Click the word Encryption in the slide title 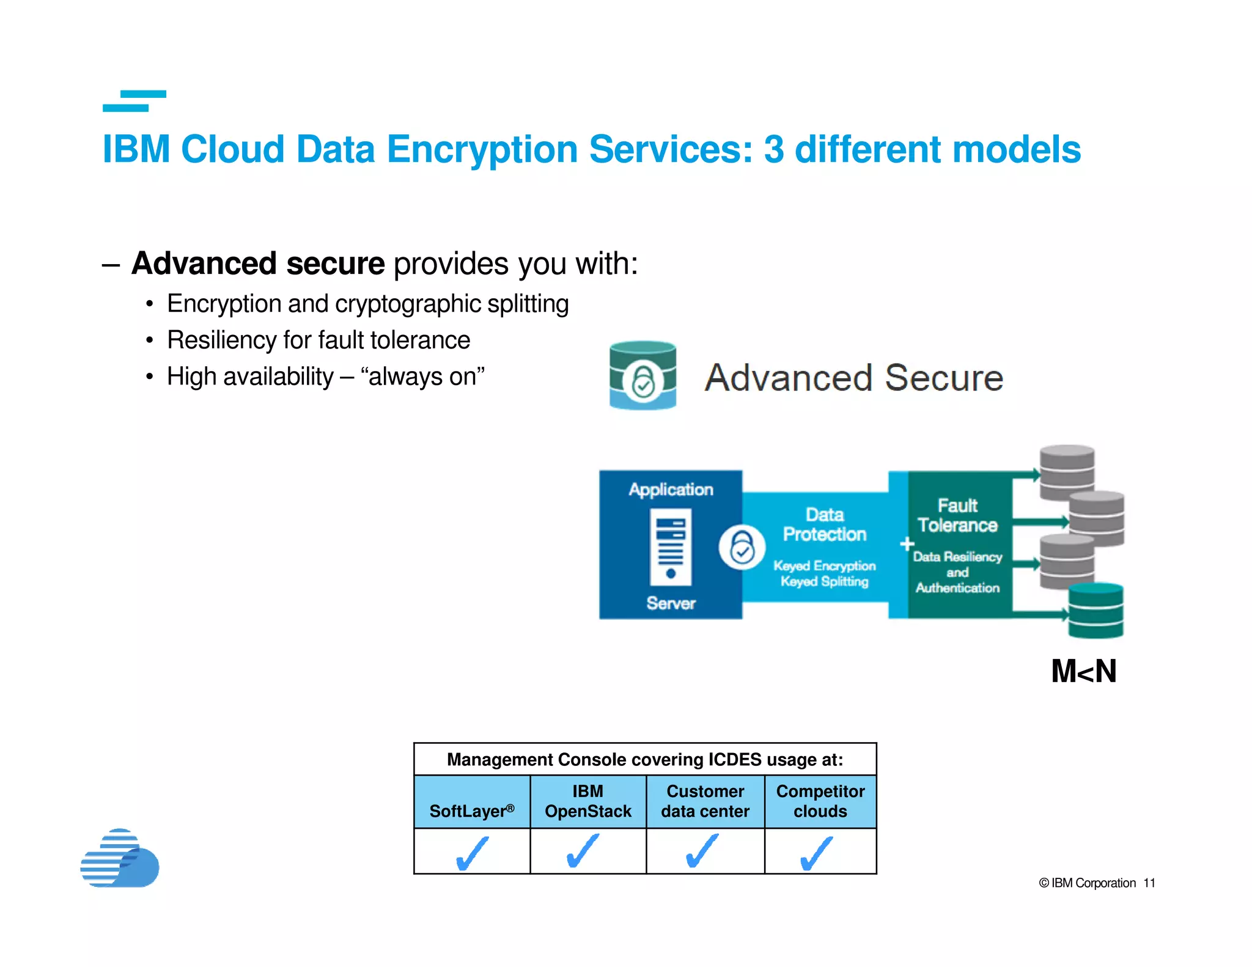pyautogui.click(x=481, y=150)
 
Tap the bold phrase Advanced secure pyautogui.click(x=258, y=264)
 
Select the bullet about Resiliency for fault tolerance pyautogui.click(x=318, y=340)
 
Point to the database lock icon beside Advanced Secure pyautogui.click(x=643, y=375)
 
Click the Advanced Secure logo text pyautogui.click(x=853, y=378)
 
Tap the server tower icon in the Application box pyautogui.click(x=671, y=547)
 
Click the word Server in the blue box pyautogui.click(x=671, y=603)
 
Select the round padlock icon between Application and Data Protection pyautogui.click(x=742, y=547)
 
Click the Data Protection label pyautogui.click(x=824, y=524)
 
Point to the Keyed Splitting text pyautogui.click(x=824, y=581)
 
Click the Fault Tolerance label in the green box pyautogui.click(x=957, y=515)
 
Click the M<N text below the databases pyautogui.click(x=1083, y=671)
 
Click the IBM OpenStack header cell pyautogui.click(x=587, y=801)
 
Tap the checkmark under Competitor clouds pyautogui.click(x=817, y=853)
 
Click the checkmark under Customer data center pyautogui.click(x=702, y=851)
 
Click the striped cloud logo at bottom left pyautogui.click(x=120, y=858)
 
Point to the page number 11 pyautogui.click(x=1149, y=883)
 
